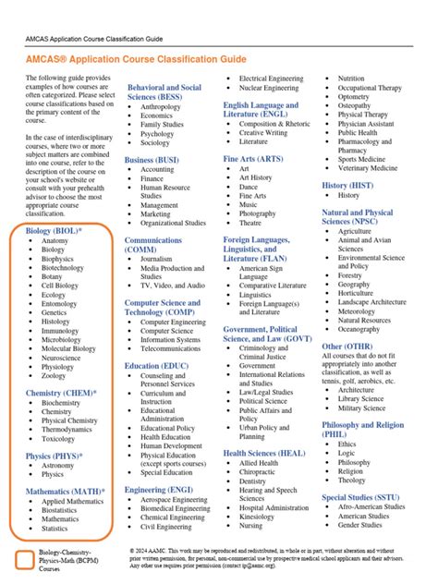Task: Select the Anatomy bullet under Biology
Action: [x=55, y=241]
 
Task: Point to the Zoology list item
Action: [x=54, y=376]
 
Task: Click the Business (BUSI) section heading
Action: [x=152, y=159]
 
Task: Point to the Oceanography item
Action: [x=359, y=329]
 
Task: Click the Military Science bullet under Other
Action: [x=360, y=408]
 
